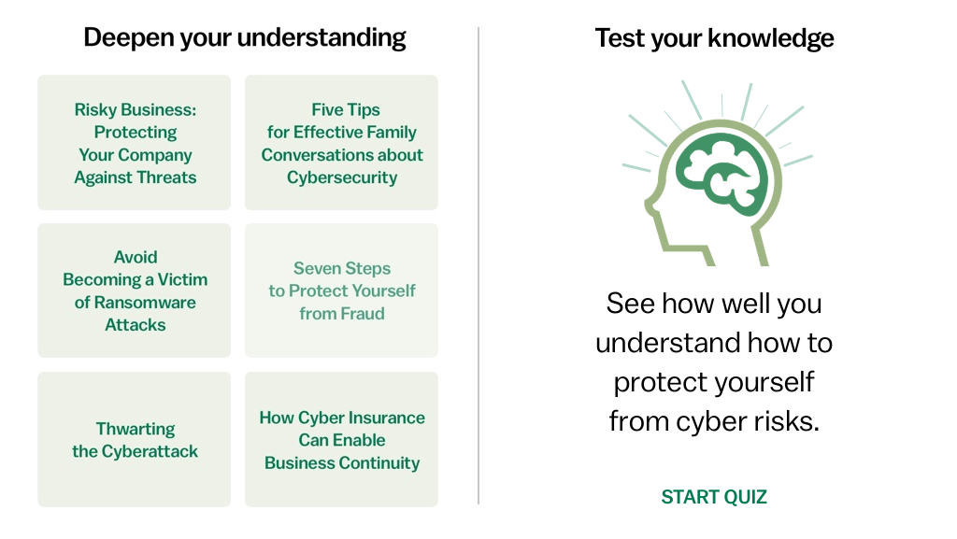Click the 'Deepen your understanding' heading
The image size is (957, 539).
245,37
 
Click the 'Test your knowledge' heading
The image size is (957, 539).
714,37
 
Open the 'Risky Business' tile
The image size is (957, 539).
135,143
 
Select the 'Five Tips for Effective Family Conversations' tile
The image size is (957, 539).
341,143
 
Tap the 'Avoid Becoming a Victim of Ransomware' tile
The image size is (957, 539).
135,291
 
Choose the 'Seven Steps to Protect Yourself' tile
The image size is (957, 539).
341,291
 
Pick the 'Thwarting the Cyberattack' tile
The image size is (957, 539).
135,439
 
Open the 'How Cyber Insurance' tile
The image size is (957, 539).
341,439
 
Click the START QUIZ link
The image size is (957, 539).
714,497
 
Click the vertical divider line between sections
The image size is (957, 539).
478,265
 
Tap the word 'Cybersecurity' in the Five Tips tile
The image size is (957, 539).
342,178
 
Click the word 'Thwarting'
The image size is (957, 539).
136,430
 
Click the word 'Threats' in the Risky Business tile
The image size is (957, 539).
166,177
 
